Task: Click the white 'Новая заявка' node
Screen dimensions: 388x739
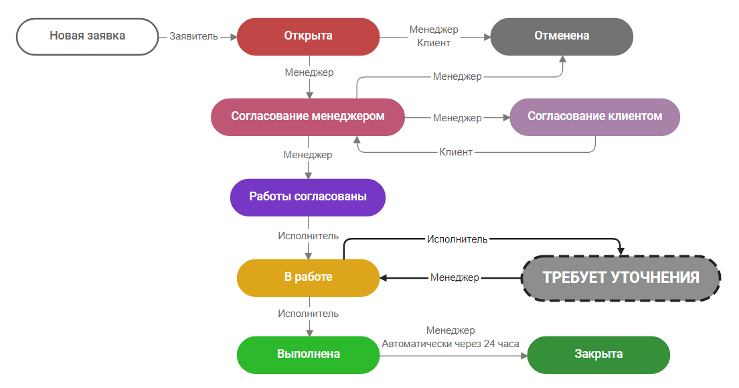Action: (x=87, y=36)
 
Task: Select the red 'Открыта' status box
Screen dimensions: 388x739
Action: (x=308, y=36)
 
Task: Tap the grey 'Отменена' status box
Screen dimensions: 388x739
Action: (x=562, y=36)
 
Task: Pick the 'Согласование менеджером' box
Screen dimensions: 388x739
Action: (x=308, y=117)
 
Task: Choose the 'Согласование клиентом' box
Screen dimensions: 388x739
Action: (x=594, y=117)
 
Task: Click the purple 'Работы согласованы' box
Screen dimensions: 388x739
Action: (x=308, y=197)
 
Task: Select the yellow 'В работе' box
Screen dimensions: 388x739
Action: (x=308, y=277)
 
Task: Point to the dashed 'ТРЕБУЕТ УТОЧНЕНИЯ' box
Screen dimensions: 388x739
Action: (x=621, y=277)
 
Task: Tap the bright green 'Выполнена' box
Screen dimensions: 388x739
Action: (x=308, y=354)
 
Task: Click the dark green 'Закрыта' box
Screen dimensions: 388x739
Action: (x=598, y=354)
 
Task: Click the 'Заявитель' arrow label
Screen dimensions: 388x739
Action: (x=193, y=36)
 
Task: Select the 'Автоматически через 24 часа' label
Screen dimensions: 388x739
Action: (x=450, y=344)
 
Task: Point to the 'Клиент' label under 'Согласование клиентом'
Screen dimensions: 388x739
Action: (x=456, y=152)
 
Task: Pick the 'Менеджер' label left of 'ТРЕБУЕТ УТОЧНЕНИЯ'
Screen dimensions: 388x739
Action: (x=455, y=277)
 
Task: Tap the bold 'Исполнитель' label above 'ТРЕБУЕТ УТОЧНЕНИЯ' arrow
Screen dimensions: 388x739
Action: (x=457, y=239)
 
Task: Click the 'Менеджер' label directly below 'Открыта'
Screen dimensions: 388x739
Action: (x=309, y=72)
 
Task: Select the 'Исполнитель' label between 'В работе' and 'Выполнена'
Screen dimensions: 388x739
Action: (x=308, y=314)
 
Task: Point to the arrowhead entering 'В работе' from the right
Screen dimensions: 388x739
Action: (x=385, y=277)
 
